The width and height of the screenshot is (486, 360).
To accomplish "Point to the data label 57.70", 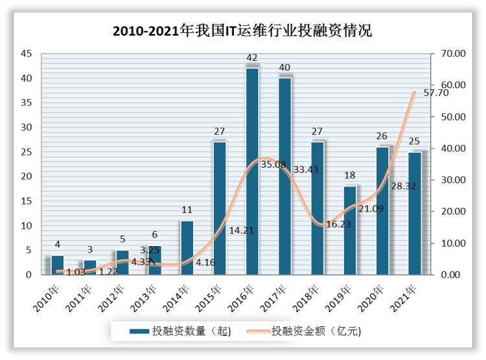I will [x=435, y=93].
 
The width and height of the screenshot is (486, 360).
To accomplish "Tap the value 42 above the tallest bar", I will [x=252, y=58].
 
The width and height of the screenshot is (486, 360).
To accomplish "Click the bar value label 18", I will [x=350, y=175].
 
